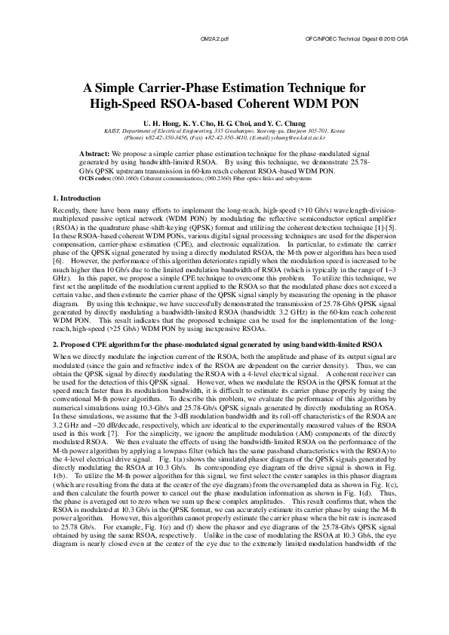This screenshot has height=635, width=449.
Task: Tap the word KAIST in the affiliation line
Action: click(x=111, y=130)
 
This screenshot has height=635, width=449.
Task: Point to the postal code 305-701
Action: click(x=309, y=130)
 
